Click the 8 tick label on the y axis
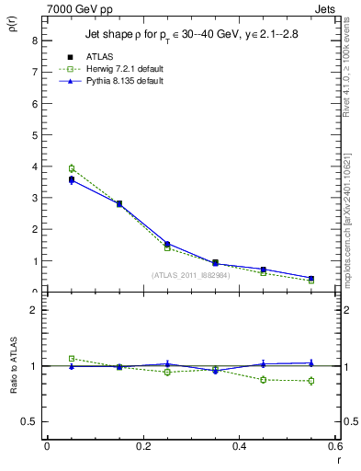click(34, 40)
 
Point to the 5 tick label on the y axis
click(34, 135)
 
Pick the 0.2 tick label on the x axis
click(142, 445)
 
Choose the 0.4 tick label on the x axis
click(239, 445)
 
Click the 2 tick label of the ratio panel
click(34, 310)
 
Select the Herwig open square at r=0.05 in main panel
click(72, 168)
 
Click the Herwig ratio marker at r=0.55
click(311, 381)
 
